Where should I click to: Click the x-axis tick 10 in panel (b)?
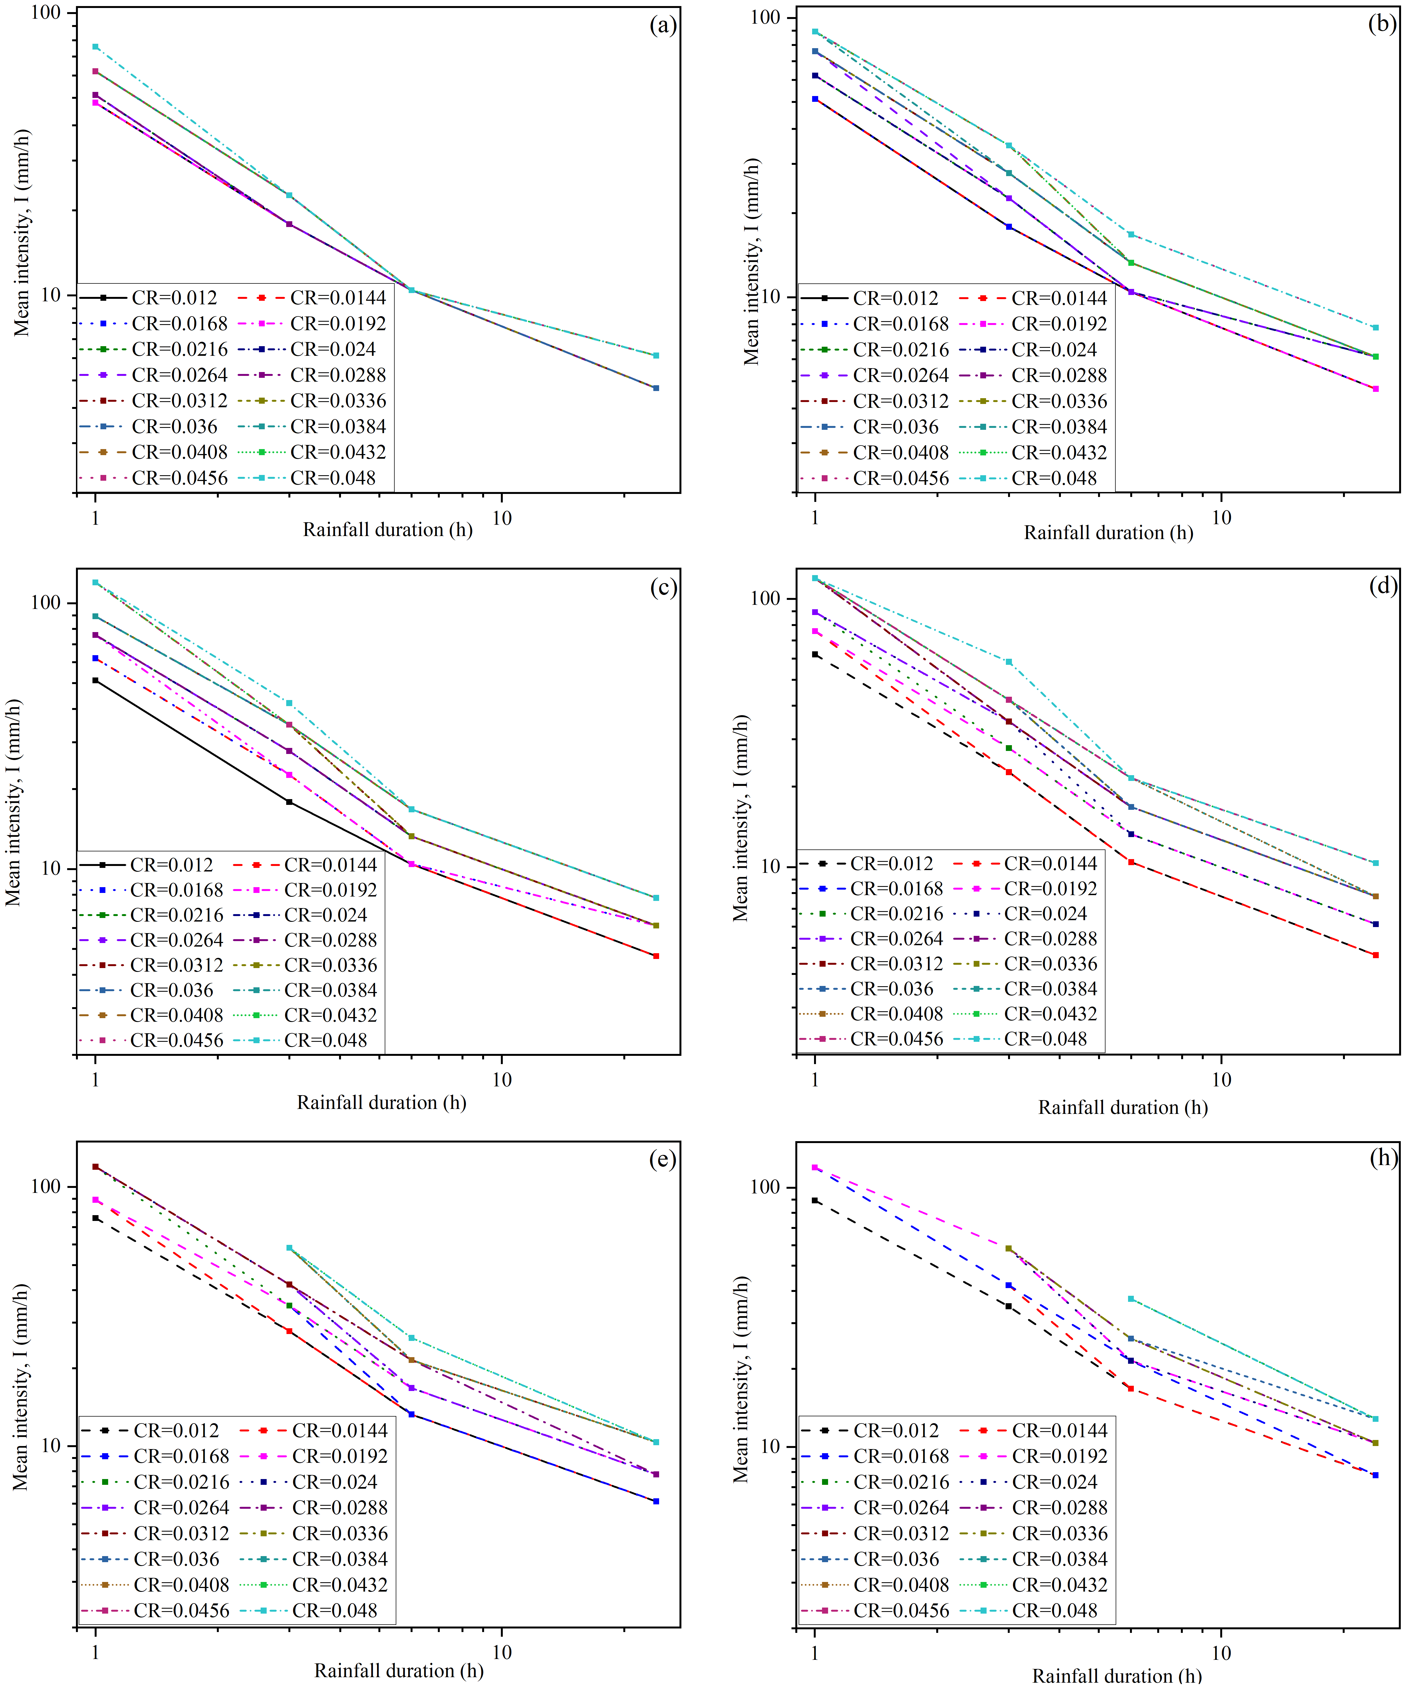coord(1221,518)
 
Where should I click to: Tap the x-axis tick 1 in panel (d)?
coord(815,1079)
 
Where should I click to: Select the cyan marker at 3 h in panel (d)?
coord(1009,662)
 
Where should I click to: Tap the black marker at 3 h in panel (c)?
coord(290,802)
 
